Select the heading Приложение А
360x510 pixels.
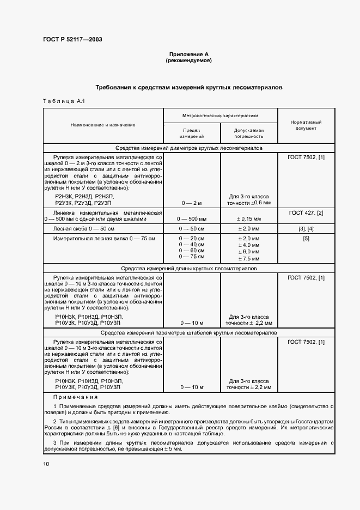(188, 54)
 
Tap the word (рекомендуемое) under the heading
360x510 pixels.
(188, 60)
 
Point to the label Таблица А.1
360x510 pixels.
(64, 101)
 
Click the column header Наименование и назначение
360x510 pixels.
(103, 125)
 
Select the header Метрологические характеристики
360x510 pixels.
(220, 116)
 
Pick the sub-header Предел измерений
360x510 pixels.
(192, 133)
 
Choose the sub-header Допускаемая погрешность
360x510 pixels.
(248, 133)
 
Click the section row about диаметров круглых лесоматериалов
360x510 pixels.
(188, 148)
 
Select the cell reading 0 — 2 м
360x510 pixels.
(192, 202)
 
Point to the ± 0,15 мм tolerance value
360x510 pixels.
(248, 219)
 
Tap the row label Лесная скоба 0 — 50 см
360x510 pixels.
(83, 229)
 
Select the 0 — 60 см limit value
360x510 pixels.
(192, 251)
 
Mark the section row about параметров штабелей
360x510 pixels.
(188, 332)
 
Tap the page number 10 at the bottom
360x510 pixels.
(46, 464)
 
